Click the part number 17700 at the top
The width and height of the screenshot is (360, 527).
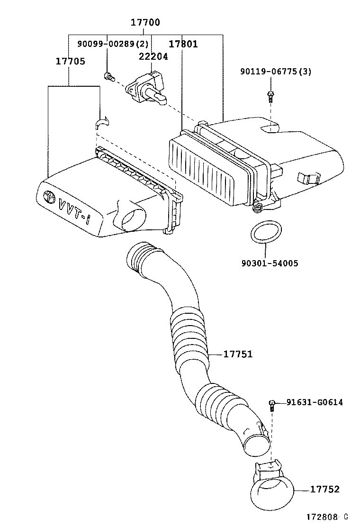tap(145, 22)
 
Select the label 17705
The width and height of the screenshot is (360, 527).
tap(71, 61)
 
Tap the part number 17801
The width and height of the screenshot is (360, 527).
tap(183, 45)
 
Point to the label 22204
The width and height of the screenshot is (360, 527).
tap(153, 56)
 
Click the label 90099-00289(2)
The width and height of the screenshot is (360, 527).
tap(113, 44)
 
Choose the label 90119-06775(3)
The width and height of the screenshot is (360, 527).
tap(276, 72)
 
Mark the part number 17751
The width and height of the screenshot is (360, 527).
tap(237, 354)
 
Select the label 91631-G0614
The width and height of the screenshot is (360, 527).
tap(315, 402)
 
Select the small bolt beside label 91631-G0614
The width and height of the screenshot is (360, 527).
tap(272, 404)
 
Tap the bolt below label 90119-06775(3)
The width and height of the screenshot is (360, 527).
tap(270, 97)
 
